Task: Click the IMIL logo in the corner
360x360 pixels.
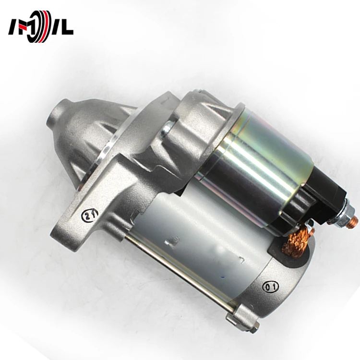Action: (x=40, y=27)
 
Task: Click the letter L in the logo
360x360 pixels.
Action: (x=67, y=27)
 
